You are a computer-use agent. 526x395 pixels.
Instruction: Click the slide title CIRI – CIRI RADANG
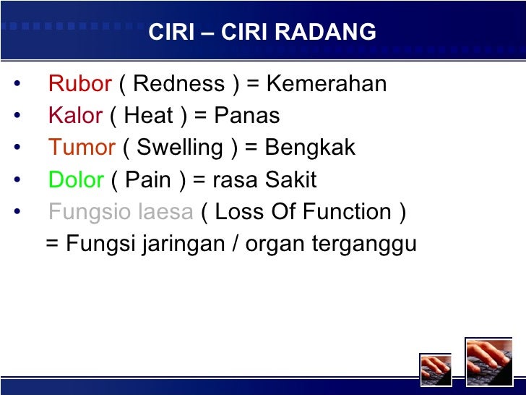click(x=262, y=33)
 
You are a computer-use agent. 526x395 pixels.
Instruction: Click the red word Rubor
click(x=79, y=84)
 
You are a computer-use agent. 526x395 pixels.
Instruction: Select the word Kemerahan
click(x=327, y=84)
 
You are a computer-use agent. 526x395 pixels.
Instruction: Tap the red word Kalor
click(x=76, y=116)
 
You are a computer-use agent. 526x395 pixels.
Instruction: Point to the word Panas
click(x=246, y=116)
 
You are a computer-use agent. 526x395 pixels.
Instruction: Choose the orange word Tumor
click(x=82, y=148)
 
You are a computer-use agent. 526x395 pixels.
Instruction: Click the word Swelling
click(x=180, y=148)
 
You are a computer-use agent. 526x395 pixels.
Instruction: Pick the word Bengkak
click(x=310, y=148)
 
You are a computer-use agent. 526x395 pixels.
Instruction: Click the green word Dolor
click(x=76, y=179)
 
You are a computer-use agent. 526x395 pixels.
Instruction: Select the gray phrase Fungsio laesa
click(x=121, y=212)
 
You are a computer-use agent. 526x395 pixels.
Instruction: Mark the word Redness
click(x=179, y=84)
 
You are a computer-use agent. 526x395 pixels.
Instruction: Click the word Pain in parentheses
click(x=148, y=179)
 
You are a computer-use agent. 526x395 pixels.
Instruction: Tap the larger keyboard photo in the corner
click(x=488, y=361)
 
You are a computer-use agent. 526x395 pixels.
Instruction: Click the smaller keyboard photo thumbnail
click(x=436, y=369)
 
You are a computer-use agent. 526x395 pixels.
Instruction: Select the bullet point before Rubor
click(x=17, y=85)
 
